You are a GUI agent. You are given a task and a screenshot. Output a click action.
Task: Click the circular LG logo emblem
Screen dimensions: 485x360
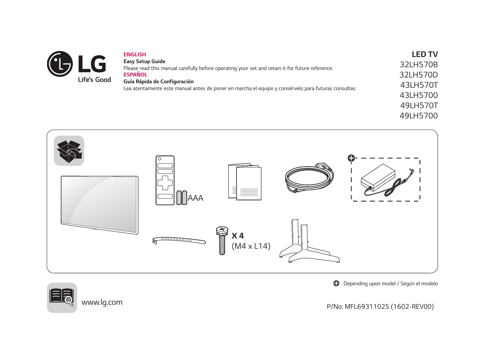click(x=60, y=64)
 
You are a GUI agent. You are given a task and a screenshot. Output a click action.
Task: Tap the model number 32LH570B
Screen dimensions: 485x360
click(x=418, y=64)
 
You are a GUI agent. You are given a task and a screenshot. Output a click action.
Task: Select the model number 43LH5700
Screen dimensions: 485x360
click(x=418, y=95)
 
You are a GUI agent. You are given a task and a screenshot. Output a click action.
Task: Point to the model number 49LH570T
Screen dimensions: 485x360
click(x=419, y=105)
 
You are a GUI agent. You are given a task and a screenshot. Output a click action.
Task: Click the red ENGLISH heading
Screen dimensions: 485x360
click(x=134, y=55)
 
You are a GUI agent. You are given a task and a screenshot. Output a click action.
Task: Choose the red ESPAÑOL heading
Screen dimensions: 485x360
click(x=135, y=74)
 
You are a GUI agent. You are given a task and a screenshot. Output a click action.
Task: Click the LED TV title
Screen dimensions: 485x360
click(x=425, y=54)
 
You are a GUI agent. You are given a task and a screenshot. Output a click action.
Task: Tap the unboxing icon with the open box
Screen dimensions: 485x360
click(x=69, y=151)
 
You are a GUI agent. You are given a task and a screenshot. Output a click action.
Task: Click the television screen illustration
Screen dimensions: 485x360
click(x=100, y=205)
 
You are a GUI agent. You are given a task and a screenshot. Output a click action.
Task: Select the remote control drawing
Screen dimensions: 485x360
click(x=165, y=180)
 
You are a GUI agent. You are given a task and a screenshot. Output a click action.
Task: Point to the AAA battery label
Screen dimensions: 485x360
click(x=196, y=198)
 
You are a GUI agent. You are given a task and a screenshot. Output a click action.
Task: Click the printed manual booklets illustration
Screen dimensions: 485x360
click(x=245, y=181)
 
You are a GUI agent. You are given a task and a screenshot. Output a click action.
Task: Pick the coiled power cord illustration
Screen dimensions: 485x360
click(x=310, y=178)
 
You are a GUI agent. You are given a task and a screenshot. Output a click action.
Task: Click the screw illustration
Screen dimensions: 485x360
click(x=222, y=241)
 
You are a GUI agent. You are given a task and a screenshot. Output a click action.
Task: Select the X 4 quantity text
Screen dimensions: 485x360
click(x=238, y=236)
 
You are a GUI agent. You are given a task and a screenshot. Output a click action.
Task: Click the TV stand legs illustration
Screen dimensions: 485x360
click(x=310, y=241)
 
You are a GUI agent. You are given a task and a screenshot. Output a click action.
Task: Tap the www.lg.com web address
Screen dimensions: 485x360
click(x=102, y=302)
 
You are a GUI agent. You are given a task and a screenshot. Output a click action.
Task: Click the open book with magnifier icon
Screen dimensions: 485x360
click(x=62, y=298)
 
